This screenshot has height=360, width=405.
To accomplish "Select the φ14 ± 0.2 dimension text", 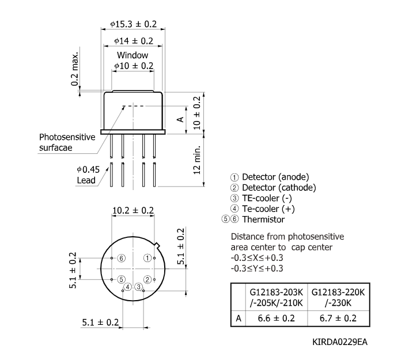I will [x=133, y=41].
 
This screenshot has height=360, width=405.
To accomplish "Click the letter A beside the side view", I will [x=180, y=119].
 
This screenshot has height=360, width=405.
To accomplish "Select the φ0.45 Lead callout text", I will [x=88, y=175].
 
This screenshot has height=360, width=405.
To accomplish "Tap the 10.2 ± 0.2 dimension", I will [x=133, y=210].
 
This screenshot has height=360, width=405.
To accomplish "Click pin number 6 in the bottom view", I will [x=121, y=259].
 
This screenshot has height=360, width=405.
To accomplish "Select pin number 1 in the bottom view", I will [x=147, y=259].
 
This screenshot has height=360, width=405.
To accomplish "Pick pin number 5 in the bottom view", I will [x=122, y=279].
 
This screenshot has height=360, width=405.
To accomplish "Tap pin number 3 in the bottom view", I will [x=139, y=286].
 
